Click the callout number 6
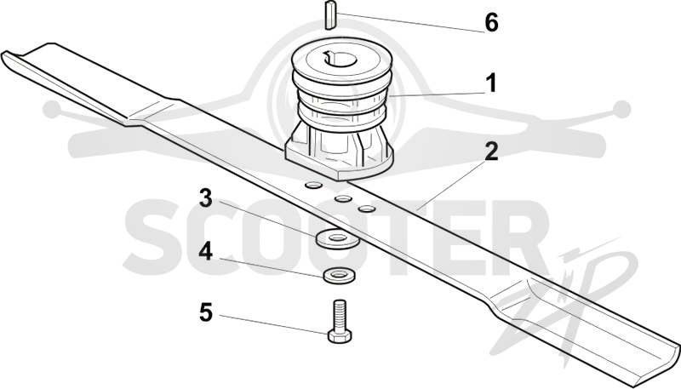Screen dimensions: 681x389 click(491, 22)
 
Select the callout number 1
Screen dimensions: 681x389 click(491, 83)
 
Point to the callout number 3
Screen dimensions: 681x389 click(205, 197)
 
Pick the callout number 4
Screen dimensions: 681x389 click(205, 251)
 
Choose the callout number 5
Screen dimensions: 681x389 click(206, 312)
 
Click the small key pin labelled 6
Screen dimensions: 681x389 click(330, 15)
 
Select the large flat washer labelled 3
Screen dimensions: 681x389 click(337, 237)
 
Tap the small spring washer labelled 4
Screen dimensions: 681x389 click(339, 275)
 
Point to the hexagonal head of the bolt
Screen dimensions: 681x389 click(340, 335)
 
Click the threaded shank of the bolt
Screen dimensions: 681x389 click(340, 314)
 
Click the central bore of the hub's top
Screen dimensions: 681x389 click(339, 59)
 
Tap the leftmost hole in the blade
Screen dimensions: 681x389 click(312, 186)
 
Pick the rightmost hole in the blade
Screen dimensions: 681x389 click(366, 209)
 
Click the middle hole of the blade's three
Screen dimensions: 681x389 click(343, 199)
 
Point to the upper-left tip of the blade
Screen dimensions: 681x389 click(3, 54)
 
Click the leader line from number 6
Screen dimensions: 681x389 click(410, 23)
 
